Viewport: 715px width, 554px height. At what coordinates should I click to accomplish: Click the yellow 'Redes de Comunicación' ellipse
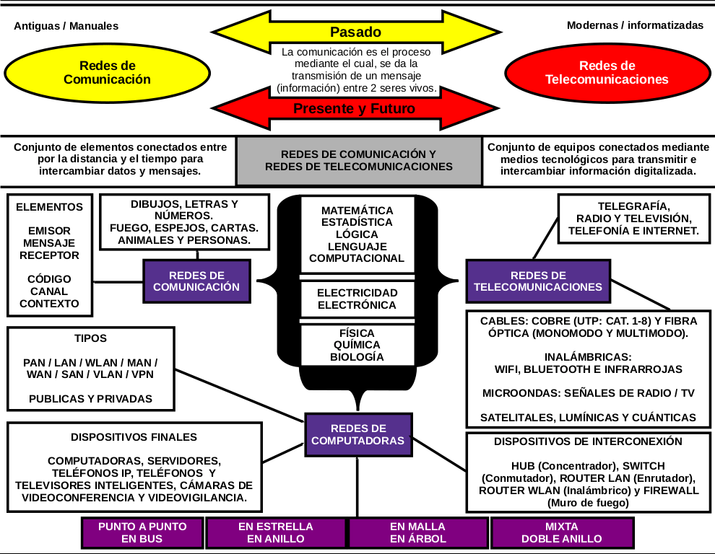[x=107, y=73]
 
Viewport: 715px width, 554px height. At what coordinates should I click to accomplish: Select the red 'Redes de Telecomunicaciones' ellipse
[x=607, y=73]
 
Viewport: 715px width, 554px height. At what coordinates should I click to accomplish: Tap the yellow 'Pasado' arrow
[x=355, y=32]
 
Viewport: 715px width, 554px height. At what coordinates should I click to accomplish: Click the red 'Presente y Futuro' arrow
[x=355, y=109]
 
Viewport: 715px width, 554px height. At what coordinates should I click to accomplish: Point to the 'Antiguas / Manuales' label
[x=66, y=26]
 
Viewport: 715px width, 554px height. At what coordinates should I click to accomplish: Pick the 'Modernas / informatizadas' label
[x=635, y=25]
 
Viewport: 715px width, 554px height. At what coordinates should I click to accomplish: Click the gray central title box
[x=359, y=160]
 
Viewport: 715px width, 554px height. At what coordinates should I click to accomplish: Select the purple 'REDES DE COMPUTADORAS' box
[x=357, y=434]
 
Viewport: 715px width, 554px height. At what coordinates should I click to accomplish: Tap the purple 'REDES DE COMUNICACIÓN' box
[x=196, y=281]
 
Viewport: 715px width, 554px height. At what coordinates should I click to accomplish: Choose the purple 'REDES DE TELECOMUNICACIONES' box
[x=537, y=281]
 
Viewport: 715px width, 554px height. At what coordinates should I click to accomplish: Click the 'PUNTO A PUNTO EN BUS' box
[x=142, y=532]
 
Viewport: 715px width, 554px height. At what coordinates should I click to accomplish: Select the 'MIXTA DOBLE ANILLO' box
[x=561, y=532]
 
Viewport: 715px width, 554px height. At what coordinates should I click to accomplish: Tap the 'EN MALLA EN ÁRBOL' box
[x=418, y=532]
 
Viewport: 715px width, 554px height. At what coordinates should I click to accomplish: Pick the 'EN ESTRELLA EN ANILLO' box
[x=276, y=532]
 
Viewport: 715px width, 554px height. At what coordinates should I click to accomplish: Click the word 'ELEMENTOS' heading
[x=49, y=207]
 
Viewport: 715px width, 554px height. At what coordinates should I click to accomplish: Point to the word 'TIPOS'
[x=90, y=338]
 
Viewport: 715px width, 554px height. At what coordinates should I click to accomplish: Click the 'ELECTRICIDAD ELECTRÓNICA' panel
[x=357, y=299]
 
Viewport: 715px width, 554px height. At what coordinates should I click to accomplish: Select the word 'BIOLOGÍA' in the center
[x=357, y=357]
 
